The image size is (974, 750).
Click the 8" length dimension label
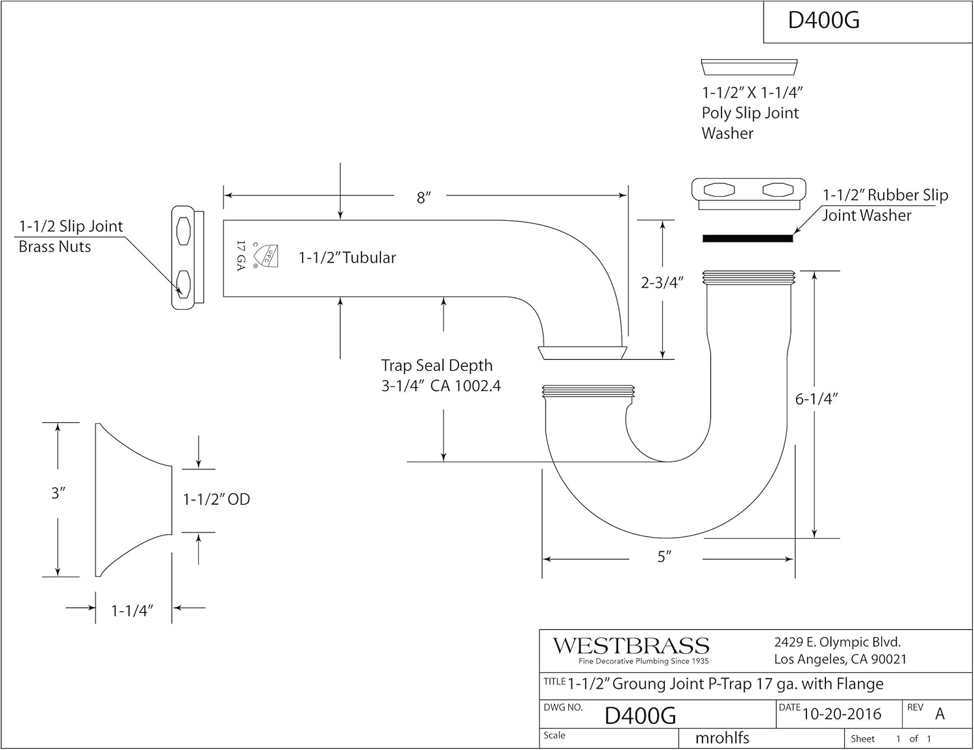pos(423,197)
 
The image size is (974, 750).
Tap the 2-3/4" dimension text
pos(662,282)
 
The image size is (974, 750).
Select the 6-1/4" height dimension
pos(816,399)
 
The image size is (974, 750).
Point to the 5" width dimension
pos(664,556)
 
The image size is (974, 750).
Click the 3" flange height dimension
pos(58,493)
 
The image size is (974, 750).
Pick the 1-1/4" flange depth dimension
pos(132,610)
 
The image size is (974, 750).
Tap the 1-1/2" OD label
pos(216,499)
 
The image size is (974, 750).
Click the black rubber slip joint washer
pos(747,238)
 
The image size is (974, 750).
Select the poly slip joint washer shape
pos(749,67)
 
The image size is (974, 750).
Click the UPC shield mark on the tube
pos(266,256)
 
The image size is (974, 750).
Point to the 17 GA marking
pos(241,256)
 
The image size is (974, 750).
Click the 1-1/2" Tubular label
pos(347,258)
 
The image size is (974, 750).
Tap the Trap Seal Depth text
pos(436,366)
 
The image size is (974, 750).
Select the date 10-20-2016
pos(842,714)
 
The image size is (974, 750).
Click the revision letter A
pos(940,714)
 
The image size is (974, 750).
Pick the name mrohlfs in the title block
pos(721,738)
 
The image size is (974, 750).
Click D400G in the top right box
pos(824,21)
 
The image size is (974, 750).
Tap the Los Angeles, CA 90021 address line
pos(840,660)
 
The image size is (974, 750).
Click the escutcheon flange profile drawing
pos(134,499)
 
